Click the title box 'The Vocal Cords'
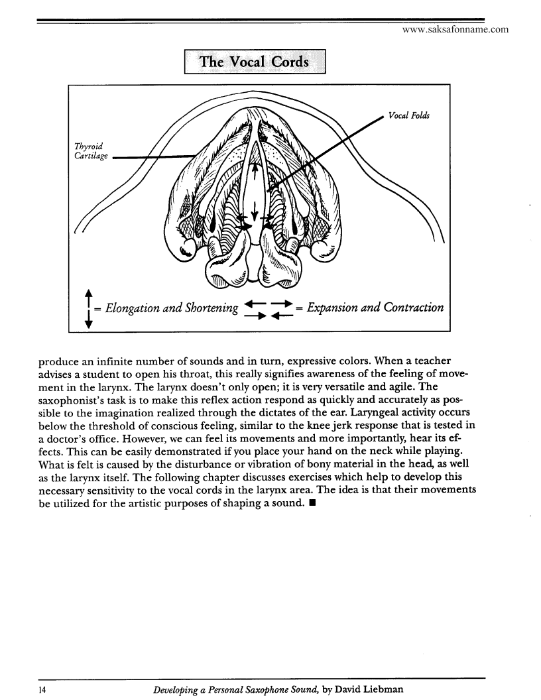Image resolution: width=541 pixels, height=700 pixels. click(255, 62)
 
